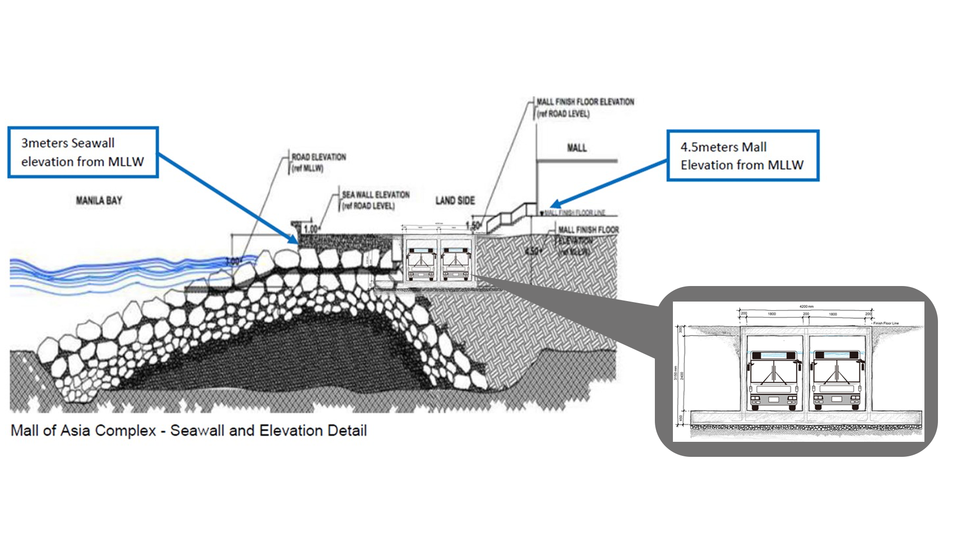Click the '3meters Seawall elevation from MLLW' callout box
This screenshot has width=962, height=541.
(83, 152)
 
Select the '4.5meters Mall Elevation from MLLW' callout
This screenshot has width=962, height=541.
(743, 156)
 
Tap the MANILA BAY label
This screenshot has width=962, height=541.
(99, 201)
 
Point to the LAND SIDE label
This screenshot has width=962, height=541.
(455, 201)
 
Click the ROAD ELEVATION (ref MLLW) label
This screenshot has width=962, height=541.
(319, 162)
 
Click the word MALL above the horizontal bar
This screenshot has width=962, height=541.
(577, 148)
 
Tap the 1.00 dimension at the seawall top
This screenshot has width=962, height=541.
(311, 229)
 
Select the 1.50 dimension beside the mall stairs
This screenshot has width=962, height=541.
(473, 226)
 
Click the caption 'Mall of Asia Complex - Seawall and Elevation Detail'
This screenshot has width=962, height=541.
(189, 431)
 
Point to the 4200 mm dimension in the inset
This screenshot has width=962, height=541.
(806, 307)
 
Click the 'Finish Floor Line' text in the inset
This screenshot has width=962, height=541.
(886, 324)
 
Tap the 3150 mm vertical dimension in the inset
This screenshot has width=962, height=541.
(675, 373)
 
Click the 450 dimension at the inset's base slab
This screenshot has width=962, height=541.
(681, 418)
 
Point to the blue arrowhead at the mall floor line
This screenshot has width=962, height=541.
(552, 205)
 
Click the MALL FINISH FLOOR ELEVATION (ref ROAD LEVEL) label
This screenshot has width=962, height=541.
(585, 108)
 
